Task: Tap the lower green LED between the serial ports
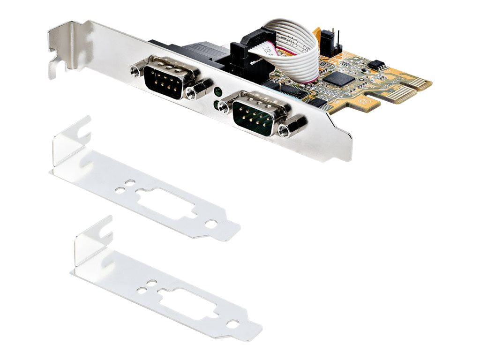216,105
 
